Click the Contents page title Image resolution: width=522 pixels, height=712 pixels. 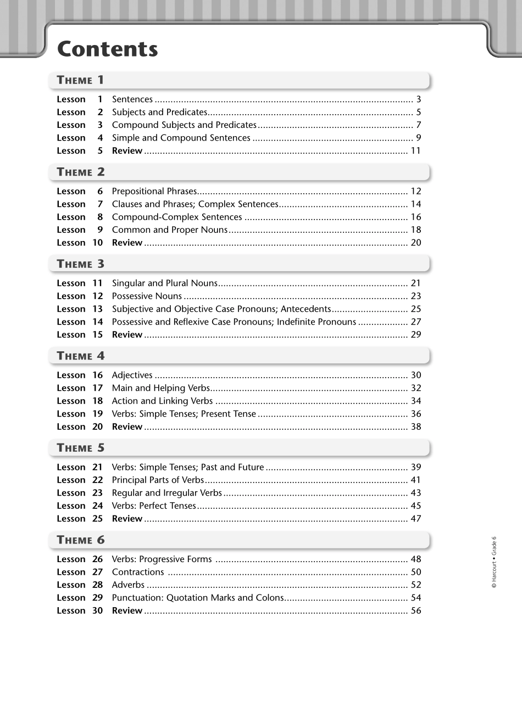coord(107,49)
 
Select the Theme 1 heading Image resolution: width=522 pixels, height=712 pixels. coord(80,80)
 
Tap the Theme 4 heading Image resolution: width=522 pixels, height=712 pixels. coord(80,356)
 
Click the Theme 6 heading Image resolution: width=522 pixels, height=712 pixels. coord(80,540)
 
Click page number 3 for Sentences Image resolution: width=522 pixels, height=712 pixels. coord(418,99)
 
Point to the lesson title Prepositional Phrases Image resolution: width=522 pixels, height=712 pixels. coord(154,192)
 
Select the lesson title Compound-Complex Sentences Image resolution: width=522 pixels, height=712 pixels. coord(176,217)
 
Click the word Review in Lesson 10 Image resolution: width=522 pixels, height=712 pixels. coord(127,243)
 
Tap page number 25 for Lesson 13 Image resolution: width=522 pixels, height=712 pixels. coord(415,309)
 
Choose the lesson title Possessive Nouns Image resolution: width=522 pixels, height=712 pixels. coord(146,296)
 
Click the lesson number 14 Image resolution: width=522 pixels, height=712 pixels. coord(97,322)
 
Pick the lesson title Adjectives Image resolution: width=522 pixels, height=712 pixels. coord(132,375)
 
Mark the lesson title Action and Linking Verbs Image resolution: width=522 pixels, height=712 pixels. coord(162,401)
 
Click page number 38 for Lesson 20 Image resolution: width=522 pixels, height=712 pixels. coord(415,427)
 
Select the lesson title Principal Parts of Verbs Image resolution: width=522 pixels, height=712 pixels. coord(157,480)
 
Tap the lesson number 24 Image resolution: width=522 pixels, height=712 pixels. coord(97,506)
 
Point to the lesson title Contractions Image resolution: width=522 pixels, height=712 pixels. coord(137,572)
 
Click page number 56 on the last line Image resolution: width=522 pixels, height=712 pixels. coord(415,611)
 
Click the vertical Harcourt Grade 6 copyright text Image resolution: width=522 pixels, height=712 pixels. coord(494,562)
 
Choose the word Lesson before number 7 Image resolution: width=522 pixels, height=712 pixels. coord(71,204)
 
